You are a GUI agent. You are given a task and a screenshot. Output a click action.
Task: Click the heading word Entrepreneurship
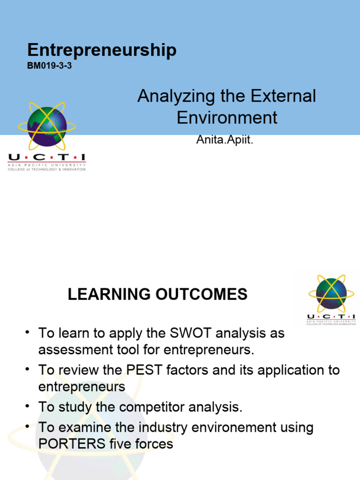[102, 50]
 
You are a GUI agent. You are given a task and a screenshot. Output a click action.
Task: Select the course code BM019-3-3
[49, 66]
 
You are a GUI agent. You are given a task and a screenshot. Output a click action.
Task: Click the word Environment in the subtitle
[227, 117]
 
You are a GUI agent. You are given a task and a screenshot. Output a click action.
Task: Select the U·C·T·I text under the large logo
[46, 158]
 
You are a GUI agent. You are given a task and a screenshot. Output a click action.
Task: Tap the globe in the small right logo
[331, 293]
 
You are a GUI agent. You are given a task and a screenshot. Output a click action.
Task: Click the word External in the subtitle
[283, 97]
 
